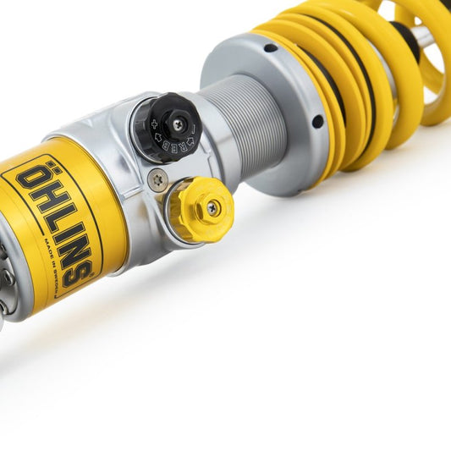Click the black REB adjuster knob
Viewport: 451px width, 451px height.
(167, 126)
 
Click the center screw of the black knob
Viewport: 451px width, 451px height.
(177, 124)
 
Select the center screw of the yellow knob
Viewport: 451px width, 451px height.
(212, 206)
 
